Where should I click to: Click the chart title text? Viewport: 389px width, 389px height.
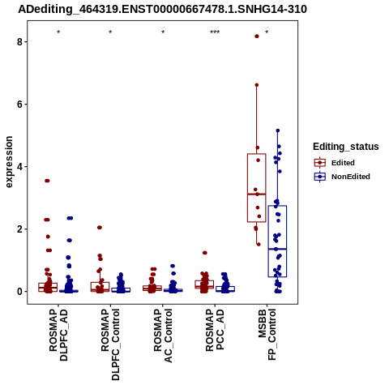pyautogui.click(x=162, y=9)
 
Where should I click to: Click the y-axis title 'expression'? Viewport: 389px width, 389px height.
pyautogui.click(x=9, y=162)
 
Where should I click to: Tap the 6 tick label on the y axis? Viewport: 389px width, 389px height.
pyautogui.click(x=19, y=105)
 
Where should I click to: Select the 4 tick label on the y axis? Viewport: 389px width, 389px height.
pyautogui.click(x=19, y=167)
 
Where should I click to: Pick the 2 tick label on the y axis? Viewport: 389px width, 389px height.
pyautogui.click(x=19, y=229)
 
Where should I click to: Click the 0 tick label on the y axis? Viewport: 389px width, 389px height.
pyautogui.click(x=19, y=292)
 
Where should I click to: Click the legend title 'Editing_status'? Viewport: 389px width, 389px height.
pyautogui.click(x=346, y=147)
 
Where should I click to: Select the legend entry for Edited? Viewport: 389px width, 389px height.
pyautogui.click(x=335, y=163)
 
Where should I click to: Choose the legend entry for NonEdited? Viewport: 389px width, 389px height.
pyautogui.click(x=342, y=177)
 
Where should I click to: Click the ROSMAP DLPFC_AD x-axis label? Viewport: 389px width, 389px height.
pyautogui.click(x=58, y=335)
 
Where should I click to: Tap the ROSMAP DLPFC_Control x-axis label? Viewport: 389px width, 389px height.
pyautogui.click(x=110, y=344)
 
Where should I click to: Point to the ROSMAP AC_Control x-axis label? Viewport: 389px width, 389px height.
pyautogui.click(x=163, y=336)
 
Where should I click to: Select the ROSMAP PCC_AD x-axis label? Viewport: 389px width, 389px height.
pyautogui.click(x=215, y=330)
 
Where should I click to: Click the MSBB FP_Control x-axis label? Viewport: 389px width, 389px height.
pyautogui.click(x=267, y=335)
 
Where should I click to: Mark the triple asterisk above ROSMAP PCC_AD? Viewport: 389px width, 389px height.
pyautogui.click(x=215, y=32)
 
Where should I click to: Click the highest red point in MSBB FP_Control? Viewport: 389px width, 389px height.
pyautogui.click(x=257, y=36)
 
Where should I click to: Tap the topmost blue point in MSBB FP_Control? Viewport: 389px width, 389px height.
pyautogui.click(x=278, y=130)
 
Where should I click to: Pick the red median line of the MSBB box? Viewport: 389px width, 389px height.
pyautogui.click(x=257, y=194)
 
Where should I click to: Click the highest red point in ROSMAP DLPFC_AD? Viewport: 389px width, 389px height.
pyautogui.click(x=47, y=181)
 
